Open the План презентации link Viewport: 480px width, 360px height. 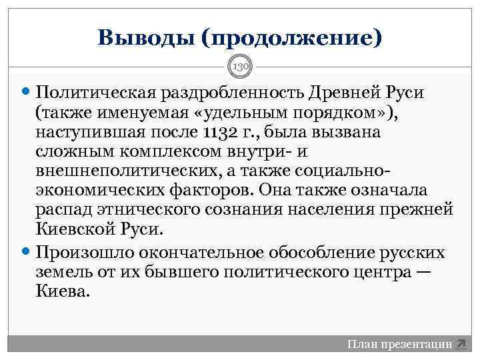pyautogui.click(x=399, y=344)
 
